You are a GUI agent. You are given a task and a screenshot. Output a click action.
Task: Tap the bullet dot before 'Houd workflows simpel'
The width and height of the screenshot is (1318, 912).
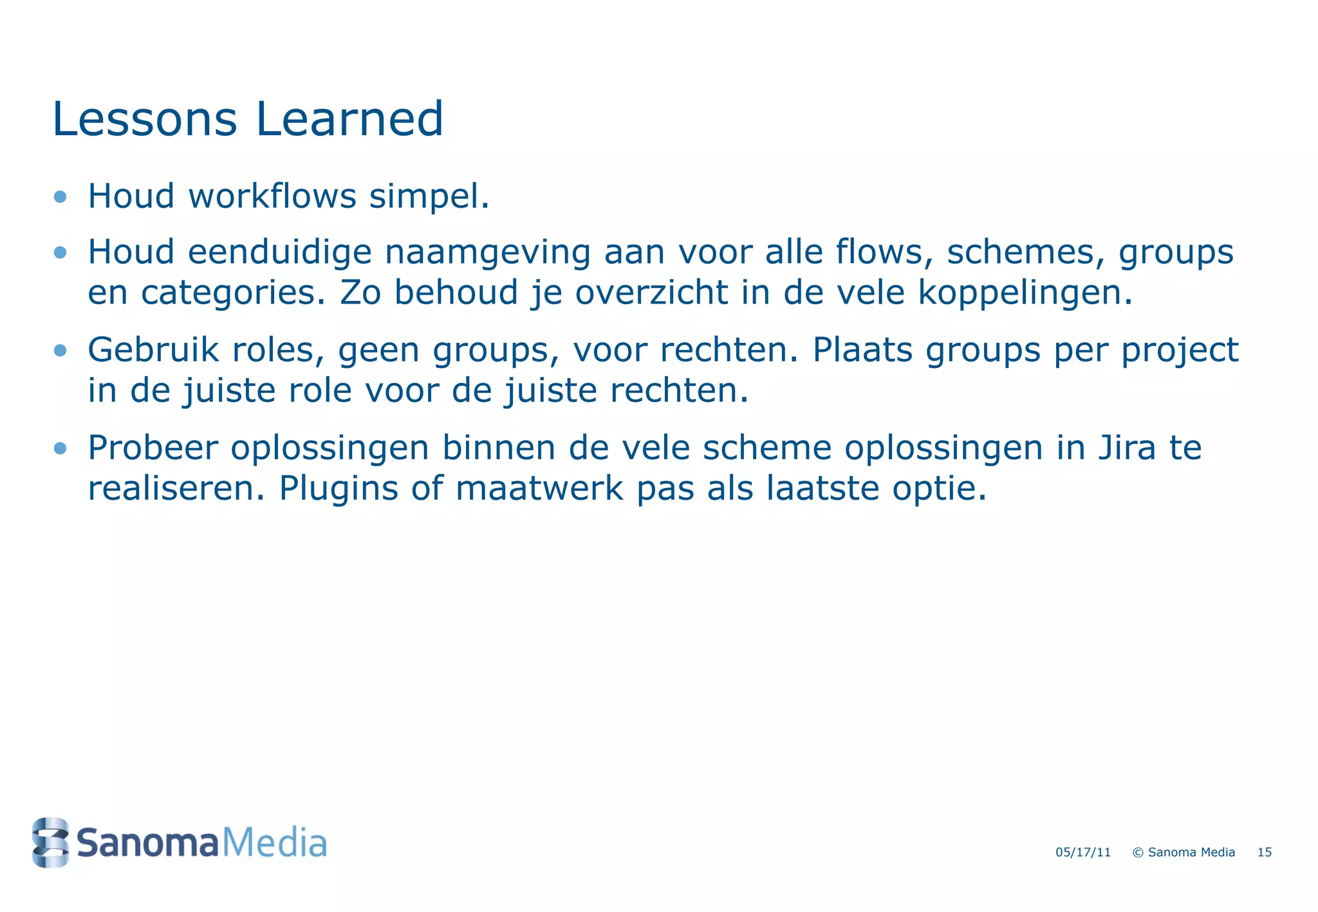coord(60,196)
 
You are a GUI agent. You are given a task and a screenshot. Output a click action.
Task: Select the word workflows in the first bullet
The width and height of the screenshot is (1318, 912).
coord(272,196)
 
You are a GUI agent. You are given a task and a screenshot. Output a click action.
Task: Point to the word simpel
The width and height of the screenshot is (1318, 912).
coord(429,197)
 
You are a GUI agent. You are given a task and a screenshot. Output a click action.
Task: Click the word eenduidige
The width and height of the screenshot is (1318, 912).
coord(279,252)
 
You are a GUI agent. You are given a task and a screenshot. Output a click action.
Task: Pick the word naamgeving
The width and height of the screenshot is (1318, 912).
coord(487,252)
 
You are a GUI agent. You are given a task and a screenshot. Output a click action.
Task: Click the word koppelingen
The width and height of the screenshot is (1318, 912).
coord(1025,293)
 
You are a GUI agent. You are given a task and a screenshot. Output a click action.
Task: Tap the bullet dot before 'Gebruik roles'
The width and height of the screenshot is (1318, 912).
coord(60,350)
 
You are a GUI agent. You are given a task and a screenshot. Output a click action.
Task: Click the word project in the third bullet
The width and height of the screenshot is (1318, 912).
coord(1180,351)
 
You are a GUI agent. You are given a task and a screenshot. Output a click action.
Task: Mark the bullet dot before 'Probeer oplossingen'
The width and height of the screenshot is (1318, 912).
coord(60,448)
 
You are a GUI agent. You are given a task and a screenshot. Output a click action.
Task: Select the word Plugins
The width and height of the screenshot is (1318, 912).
coord(339,489)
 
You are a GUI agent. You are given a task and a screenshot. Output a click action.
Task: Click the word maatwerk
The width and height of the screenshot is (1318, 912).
coord(539,489)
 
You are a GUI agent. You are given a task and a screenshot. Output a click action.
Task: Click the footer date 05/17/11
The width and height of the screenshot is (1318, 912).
coord(1083,852)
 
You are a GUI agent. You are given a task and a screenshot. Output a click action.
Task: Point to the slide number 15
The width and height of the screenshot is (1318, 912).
coord(1265,852)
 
